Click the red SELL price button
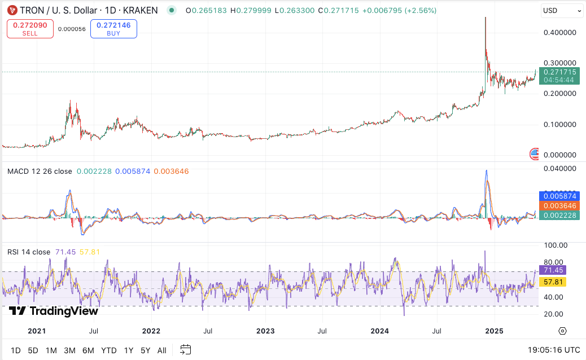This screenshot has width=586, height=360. click(x=30, y=29)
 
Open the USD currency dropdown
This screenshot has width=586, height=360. click(x=561, y=11)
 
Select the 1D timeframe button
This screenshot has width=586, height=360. click(x=16, y=350)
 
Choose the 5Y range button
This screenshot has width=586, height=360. click(x=145, y=350)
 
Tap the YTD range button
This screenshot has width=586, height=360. click(x=109, y=350)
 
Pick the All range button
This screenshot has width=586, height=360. click(x=161, y=350)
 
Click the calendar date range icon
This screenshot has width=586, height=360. click(x=186, y=350)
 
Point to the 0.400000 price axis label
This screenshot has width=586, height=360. click(x=559, y=33)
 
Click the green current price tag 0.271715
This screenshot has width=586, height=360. click(x=559, y=72)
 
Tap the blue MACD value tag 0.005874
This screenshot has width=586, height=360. click(x=559, y=196)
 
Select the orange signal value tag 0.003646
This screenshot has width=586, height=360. click(x=559, y=205)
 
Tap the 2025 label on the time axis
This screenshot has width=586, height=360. click(x=495, y=331)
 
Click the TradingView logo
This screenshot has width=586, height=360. click(x=54, y=311)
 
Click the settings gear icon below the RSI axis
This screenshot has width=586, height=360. click(x=562, y=331)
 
